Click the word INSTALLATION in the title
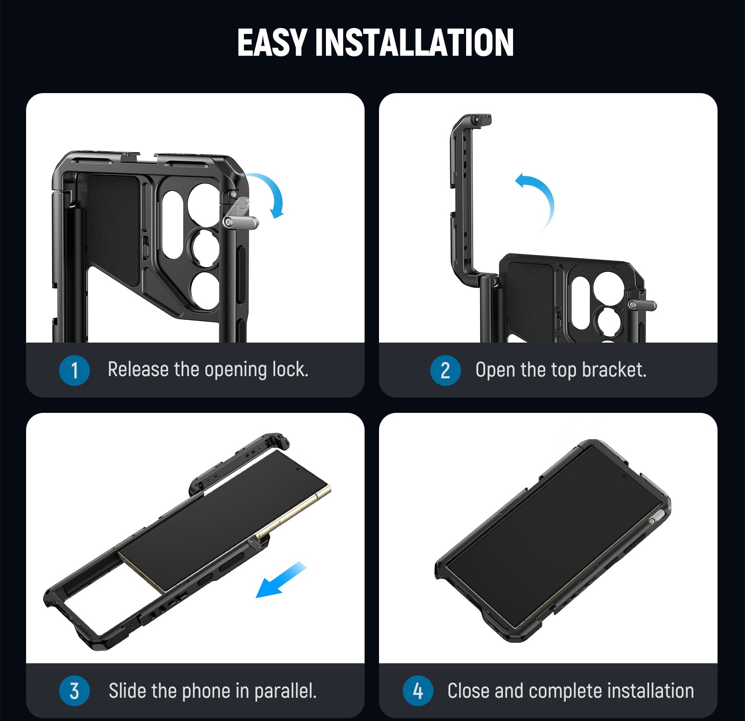414,42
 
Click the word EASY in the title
272,42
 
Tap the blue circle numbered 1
74,371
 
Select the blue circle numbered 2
445,371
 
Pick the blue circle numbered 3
74,691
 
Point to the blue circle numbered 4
418,691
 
